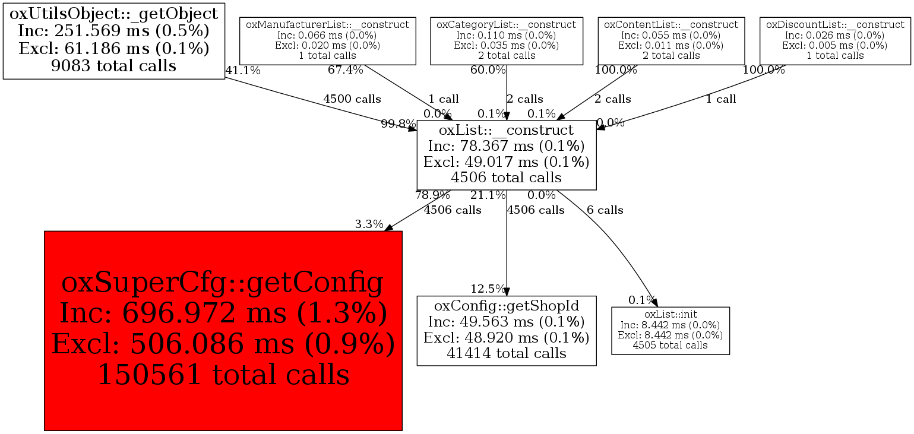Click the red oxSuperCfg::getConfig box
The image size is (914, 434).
223,330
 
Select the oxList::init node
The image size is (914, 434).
670,331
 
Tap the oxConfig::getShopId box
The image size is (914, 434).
506,330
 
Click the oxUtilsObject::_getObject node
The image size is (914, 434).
114,40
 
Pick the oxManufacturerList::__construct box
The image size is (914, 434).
327,40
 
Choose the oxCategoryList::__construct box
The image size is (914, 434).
506,40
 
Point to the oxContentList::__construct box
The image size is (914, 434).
671,40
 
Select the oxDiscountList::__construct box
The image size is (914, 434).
834,40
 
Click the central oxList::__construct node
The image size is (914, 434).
506,154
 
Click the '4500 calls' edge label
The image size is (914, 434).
352,99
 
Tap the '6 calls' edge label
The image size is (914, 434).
605,210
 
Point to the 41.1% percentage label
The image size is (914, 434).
243,71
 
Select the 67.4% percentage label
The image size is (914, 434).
345,71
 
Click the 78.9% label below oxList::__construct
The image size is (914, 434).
432,195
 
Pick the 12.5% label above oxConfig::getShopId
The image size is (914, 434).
488,289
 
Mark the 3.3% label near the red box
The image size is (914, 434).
369,224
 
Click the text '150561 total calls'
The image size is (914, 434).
223,375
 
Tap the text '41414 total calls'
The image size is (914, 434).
506,353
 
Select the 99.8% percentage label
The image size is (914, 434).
399,124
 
